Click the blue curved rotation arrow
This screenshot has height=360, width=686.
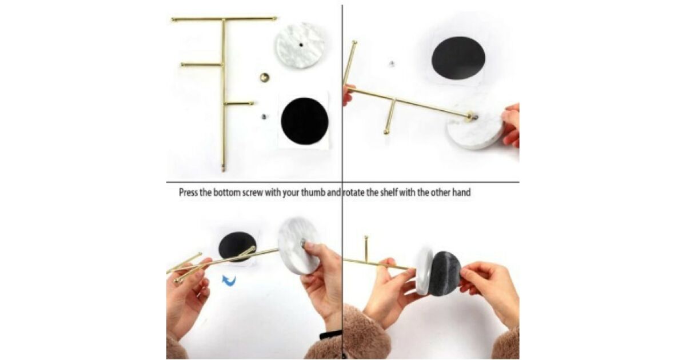(x=229, y=281)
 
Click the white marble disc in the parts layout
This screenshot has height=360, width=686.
(x=300, y=45)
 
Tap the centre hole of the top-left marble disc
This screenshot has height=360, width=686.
(x=301, y=45)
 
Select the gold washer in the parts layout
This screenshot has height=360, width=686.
(x=265, y=78)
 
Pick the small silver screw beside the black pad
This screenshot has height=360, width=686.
(x=264, y=117)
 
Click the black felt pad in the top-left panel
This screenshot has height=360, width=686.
(x=304, y=121)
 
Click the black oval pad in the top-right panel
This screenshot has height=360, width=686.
(x=458, y=58)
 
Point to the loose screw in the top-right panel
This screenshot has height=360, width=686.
(x=392, y=63)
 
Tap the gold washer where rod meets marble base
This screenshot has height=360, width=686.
(x=470, y=117)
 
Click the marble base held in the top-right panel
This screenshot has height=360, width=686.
(x=476, y=131)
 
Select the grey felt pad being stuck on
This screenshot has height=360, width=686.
(x=445, y=274)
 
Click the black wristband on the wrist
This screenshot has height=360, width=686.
(x=330, y=335)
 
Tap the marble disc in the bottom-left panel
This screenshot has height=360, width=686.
(x=298, y=246)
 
